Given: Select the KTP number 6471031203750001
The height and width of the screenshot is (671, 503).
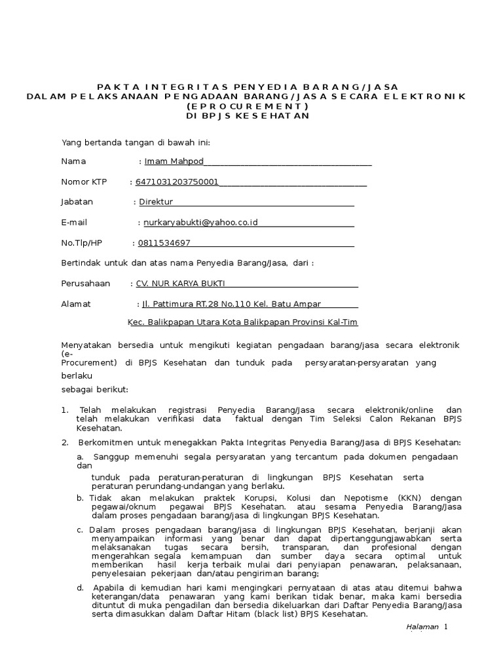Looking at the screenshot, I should pyautogui.click(x=177, y=182).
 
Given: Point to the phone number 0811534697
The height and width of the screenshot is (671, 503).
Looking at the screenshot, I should pyautogui.click(x=164, y=243).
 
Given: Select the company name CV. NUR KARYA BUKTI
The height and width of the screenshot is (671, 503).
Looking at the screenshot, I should pyautogui.click(x=179, y=284).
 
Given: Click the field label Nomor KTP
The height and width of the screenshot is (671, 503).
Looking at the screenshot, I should pyautogui.click(x=84, y=182).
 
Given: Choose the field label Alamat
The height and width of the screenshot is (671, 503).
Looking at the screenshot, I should pyautogui.click(x=76, y=304).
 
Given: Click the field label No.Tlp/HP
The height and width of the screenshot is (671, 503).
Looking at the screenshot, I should pyautogui.click(x=82, y=243).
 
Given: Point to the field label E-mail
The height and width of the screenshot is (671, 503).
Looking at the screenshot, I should pyautogui.click(x=74, y=223).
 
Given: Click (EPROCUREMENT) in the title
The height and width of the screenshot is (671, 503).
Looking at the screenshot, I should pyautogui.click(x=247, y=106).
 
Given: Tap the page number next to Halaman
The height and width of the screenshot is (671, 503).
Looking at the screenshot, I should pyautogui.click(x=446, y=627).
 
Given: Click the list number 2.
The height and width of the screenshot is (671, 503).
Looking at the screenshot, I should pyautogui.click(x=64, y=442).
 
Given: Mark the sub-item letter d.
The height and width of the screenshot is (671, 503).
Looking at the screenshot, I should pyautogui.click(x=80, y=587).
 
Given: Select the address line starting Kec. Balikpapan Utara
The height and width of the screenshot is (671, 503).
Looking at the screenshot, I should pyautogui.click(x=242, y=322).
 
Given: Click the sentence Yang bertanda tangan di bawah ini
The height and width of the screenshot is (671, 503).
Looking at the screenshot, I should pyautogui.click(x=136, y=142).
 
